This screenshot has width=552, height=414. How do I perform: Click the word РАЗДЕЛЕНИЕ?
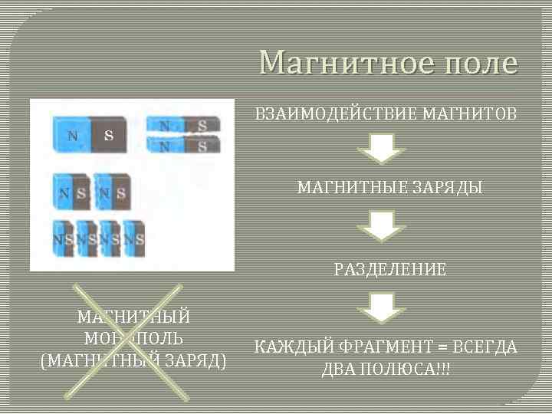coord(389,269)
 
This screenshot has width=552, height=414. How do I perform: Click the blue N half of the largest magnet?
coord(71,136)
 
